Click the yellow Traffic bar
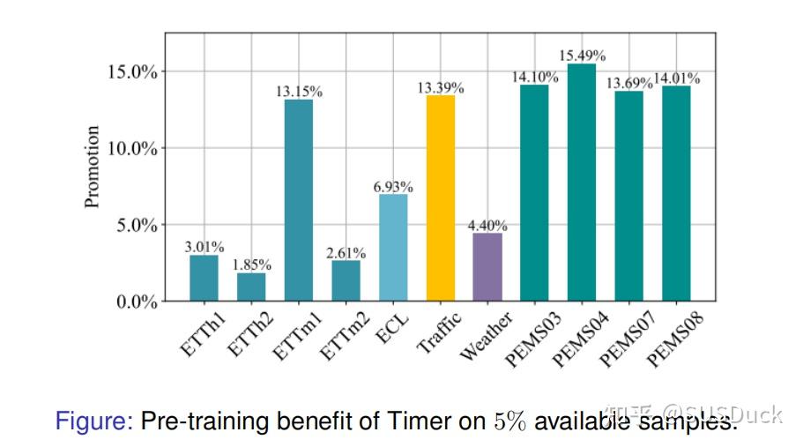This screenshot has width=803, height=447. click(440, 198)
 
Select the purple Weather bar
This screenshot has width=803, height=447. click(487, 267)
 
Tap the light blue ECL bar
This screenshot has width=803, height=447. click(393, 248)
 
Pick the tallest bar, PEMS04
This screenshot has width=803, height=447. click(582, 183)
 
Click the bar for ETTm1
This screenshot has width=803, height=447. click(298, 200)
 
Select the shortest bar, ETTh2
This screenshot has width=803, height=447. click(251, 287)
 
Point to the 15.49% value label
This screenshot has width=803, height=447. click(582, 56)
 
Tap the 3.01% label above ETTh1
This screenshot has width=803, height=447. click(204, 247)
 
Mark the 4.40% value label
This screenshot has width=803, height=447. click(487, 226)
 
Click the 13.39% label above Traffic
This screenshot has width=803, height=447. click(441, 87)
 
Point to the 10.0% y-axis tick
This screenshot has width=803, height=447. click(132, 148)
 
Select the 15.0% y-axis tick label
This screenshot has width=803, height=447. click(132, 71)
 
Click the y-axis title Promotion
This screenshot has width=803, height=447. click(92, 167)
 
